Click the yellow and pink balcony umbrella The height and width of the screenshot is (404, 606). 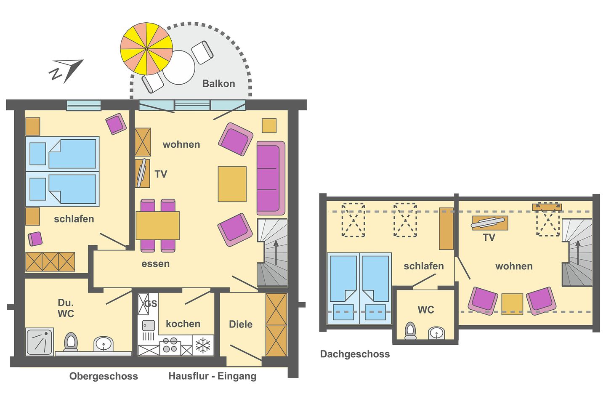pos(146,49)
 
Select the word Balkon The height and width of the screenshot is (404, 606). pos(218,83)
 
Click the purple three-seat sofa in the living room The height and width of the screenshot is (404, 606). pos(270,178)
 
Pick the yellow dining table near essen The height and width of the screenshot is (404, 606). pos(157,226)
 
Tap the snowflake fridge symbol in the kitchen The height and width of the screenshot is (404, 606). pos(203,345)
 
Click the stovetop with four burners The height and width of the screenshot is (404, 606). pos(170,345)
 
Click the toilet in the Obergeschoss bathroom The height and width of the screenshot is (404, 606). pos(71,342)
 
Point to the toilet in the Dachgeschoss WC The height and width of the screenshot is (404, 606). pos(410,331)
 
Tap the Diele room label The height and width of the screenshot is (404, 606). pos(241,324)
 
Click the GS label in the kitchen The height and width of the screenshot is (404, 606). pos(151,304)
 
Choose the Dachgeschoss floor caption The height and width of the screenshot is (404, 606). pos(355,354)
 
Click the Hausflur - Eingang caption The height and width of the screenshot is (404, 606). pos(212,376)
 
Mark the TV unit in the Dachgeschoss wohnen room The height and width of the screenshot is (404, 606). pos(489,223)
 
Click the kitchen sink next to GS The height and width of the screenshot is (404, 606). pos(148,325)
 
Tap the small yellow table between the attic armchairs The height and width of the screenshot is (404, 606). pos(512,303)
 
